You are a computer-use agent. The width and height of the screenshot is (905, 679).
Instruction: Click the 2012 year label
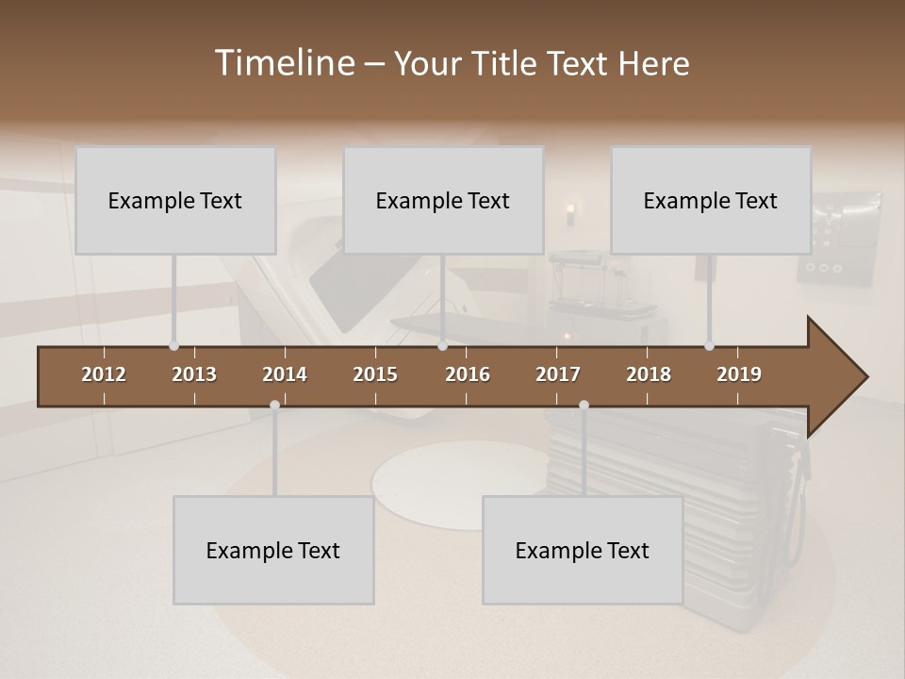coord(104,374)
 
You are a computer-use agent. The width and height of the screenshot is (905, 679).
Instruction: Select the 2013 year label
coord(194,374)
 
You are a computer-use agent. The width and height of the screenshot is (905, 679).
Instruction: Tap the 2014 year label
coord(285,374)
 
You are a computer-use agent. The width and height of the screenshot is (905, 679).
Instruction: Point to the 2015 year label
coord(375,374)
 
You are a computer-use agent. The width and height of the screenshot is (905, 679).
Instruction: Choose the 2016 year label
coord(468,374)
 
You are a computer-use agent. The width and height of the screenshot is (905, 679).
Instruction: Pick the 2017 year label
coord(558,374)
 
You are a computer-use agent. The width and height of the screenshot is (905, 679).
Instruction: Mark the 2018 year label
coord(649,374)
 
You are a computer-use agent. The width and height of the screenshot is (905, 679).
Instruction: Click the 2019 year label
coord(739,374)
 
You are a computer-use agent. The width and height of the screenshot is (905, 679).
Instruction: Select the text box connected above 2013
coord(175,200)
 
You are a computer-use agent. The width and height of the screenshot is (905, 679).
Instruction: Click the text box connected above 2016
coord(443,200)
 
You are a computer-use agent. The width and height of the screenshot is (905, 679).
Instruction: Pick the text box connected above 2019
coord(711,200)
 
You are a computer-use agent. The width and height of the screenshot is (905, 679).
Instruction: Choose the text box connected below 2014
coord(273,550)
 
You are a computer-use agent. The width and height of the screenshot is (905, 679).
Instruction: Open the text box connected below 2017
coord(583,550)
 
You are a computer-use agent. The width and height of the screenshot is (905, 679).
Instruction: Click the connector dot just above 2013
coord(173,346)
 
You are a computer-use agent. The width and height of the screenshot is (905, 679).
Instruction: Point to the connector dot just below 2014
coord(274,406)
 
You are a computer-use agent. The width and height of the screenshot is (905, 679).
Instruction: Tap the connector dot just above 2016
coord(442,346)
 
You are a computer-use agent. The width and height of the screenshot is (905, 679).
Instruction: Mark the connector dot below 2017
coord(584,406)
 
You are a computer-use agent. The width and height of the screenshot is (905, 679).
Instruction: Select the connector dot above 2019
coord(709,346)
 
